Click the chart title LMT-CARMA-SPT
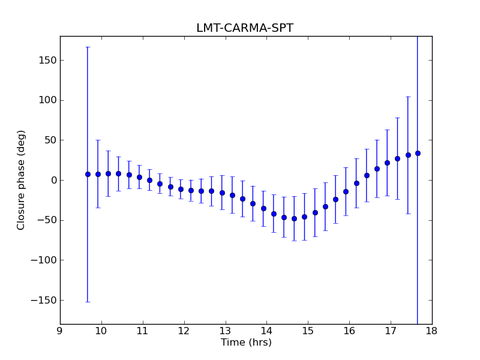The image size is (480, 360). [245, 28]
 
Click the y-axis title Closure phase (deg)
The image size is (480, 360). [22, 180]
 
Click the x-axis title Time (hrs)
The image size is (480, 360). [246, 343]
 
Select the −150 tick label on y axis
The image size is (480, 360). [44, 300]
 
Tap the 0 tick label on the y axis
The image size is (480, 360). [54, 180]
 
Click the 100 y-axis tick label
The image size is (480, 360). [48, 100]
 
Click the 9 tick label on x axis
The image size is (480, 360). [60, 331]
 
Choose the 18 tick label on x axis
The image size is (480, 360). [432, 331]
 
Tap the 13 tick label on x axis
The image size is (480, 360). [225, 331]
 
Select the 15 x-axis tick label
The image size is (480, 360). [308, 331]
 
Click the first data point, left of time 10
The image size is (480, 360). [88, 174]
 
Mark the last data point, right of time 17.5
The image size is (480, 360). [418, 153]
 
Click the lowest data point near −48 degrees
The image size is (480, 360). [294, 218]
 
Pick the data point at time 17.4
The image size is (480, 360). [408, 155]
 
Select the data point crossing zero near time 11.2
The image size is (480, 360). [149, 180]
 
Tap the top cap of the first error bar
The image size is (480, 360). [88, 47]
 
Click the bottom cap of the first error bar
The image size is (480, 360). [88, 302]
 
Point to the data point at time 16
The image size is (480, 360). [346, 191]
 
